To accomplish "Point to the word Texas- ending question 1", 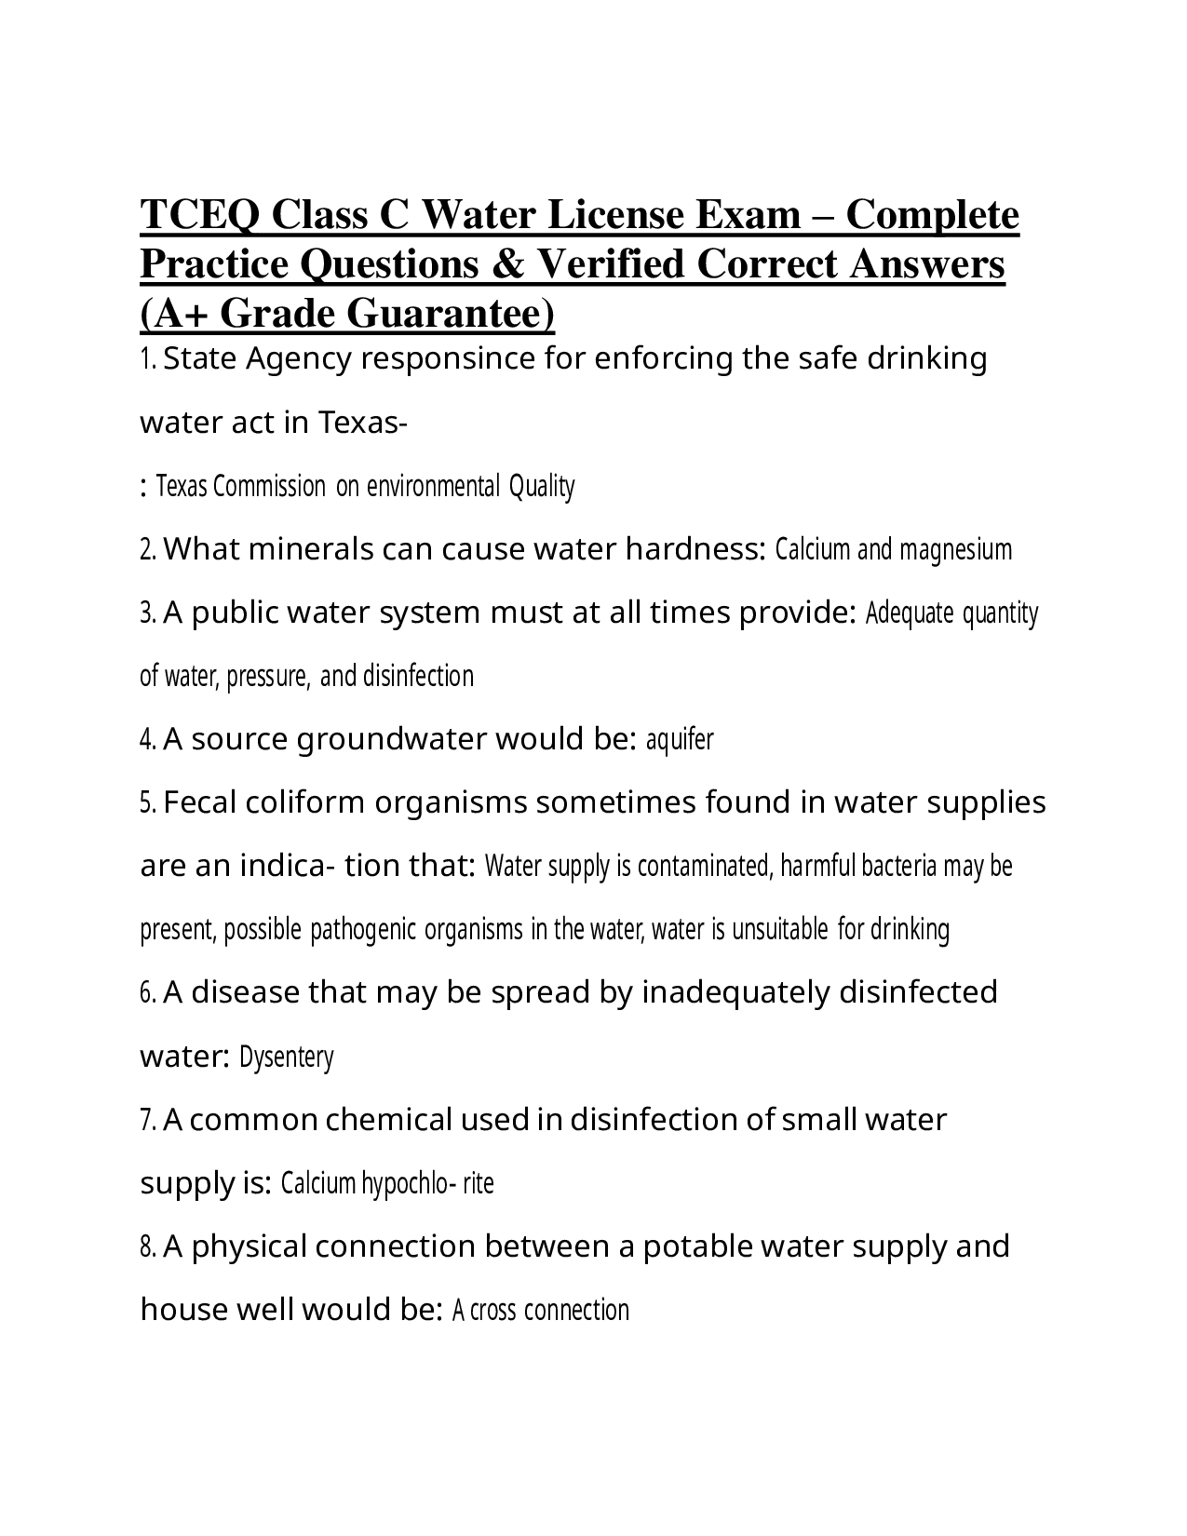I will pos(363,424).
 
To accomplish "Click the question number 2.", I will pos(148,550).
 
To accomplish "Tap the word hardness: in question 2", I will pos(696,550).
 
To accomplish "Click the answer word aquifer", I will pos(680,740).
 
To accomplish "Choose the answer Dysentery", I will pos(287,1058).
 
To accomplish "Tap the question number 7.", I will pos(148,1120).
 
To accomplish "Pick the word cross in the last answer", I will pos(493,1311).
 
